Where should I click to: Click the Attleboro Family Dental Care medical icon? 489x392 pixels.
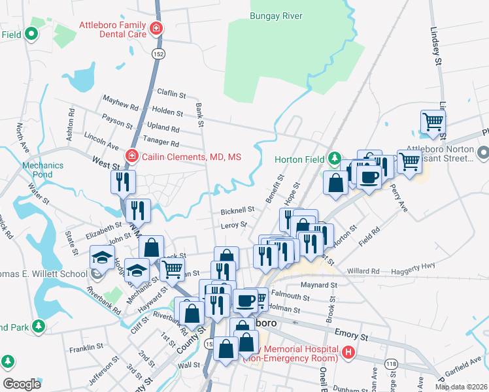click(x=156, y=29)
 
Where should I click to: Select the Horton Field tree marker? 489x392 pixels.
click(x=335, y=158)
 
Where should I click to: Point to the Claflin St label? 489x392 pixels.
click(x=171, y=93)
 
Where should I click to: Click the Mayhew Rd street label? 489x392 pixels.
click(x=120, y=102)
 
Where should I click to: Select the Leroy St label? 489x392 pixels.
click(x=234, y=225)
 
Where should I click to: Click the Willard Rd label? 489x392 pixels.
click(x=363, y=270)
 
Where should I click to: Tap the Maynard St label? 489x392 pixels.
click(x=319, y=285)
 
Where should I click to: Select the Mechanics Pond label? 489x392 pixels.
click(x=42, y=170)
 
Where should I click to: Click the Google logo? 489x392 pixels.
click(x=22, y=384)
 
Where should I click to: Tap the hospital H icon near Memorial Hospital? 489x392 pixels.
click(x=348, y=353)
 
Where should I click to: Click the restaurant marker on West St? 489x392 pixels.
click(x=122, y=182)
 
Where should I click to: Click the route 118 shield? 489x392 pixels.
click(x=392, y=363)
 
